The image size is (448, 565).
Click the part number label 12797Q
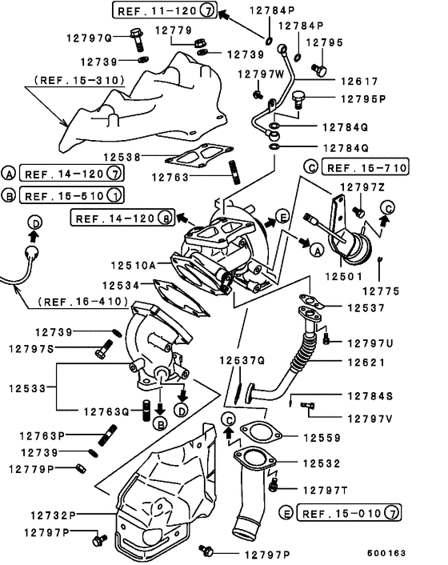click(x=99, y=37)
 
